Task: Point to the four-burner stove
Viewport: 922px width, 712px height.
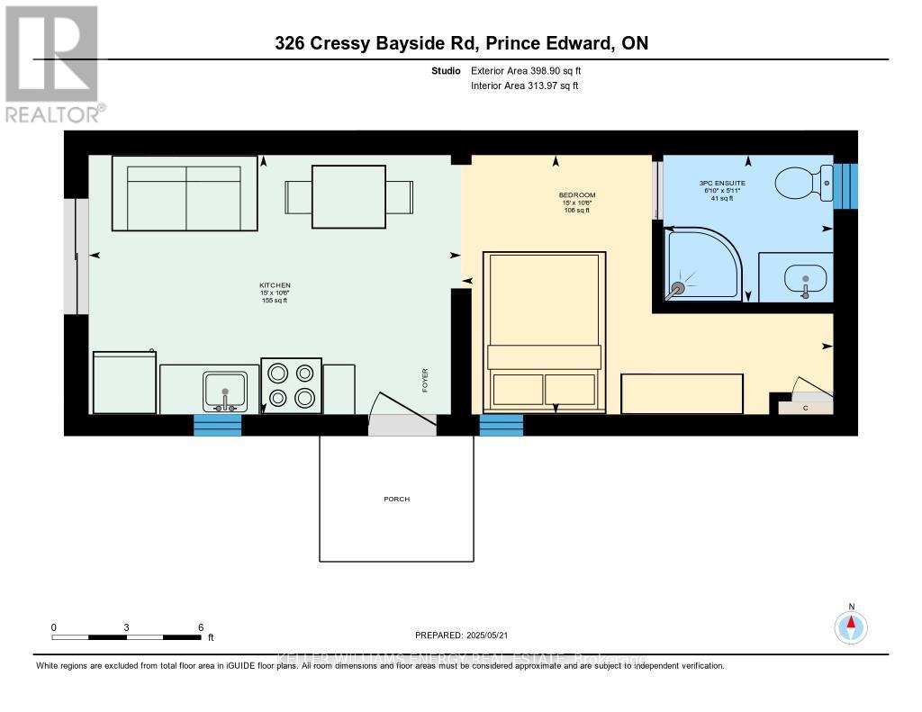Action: (291, 385)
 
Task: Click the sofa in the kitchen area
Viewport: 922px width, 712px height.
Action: (185, 194)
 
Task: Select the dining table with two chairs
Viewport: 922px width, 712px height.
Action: (348, 196)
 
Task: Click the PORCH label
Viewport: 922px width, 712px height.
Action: (396, 499)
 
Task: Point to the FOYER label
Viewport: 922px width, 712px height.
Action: (425, 379)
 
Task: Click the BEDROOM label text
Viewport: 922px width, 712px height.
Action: (578, 195)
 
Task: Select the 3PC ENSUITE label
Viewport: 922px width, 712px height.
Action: (723, 184)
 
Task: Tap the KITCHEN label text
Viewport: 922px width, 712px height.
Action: (275, 285)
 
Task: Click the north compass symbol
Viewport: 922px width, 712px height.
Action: (850, 626)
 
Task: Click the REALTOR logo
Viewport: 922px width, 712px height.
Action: (53, 64)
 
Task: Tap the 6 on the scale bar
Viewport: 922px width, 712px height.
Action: (200, 627)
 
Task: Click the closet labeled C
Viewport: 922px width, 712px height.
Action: (804, 407)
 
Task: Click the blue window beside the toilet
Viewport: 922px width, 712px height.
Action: (846, 186)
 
